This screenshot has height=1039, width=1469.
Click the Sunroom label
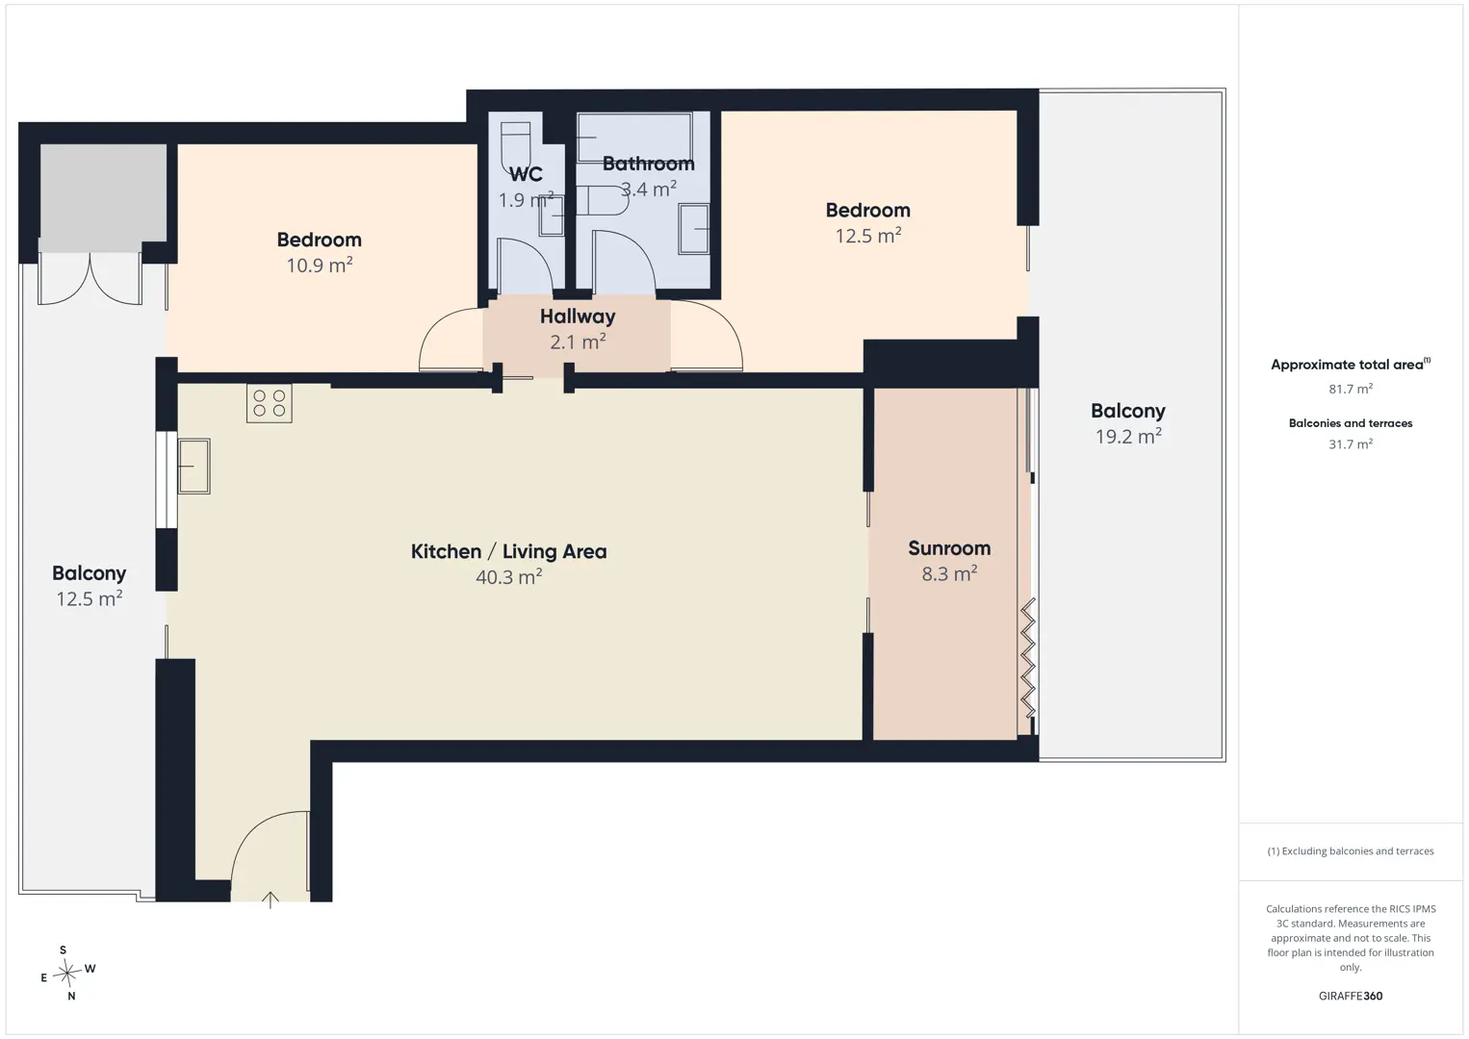click(x=949, y=548)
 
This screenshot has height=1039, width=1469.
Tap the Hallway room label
click(x=578, y=317)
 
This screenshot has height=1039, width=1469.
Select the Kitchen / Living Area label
click(x=509, y=551)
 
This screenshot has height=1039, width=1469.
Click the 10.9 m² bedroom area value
click(x=320, y=265)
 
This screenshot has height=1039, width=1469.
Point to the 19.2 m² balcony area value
click(x=1128, y=436)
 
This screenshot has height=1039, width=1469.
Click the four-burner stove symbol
click(x=270, y=403)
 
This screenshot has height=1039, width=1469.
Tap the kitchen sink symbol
click(x=193, y=466)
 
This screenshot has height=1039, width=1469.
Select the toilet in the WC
click(x=515, y=147)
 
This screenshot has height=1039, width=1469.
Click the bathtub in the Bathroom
click(x=634, y=138)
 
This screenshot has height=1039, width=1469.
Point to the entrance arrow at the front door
click(x=271, y=900)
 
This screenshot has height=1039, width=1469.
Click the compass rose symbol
click(x=66, y=973)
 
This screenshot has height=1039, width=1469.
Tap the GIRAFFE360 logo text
click(x=1351, y=996)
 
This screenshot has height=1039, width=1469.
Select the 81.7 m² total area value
click(x=1351, y=389)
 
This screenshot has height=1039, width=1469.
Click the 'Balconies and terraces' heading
click(x=1351, y=423)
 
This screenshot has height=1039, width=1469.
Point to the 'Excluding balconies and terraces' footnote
click(x=1351, y=850)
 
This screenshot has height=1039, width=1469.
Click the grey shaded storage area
click(x=104, y=198)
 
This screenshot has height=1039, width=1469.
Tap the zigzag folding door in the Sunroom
click(x=1028, y=657)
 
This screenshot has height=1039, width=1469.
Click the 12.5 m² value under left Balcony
click(x=90, y=598)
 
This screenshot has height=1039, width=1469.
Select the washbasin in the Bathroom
click(x=694, y=229)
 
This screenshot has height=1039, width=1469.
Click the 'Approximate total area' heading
click(x=1351, y=365)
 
